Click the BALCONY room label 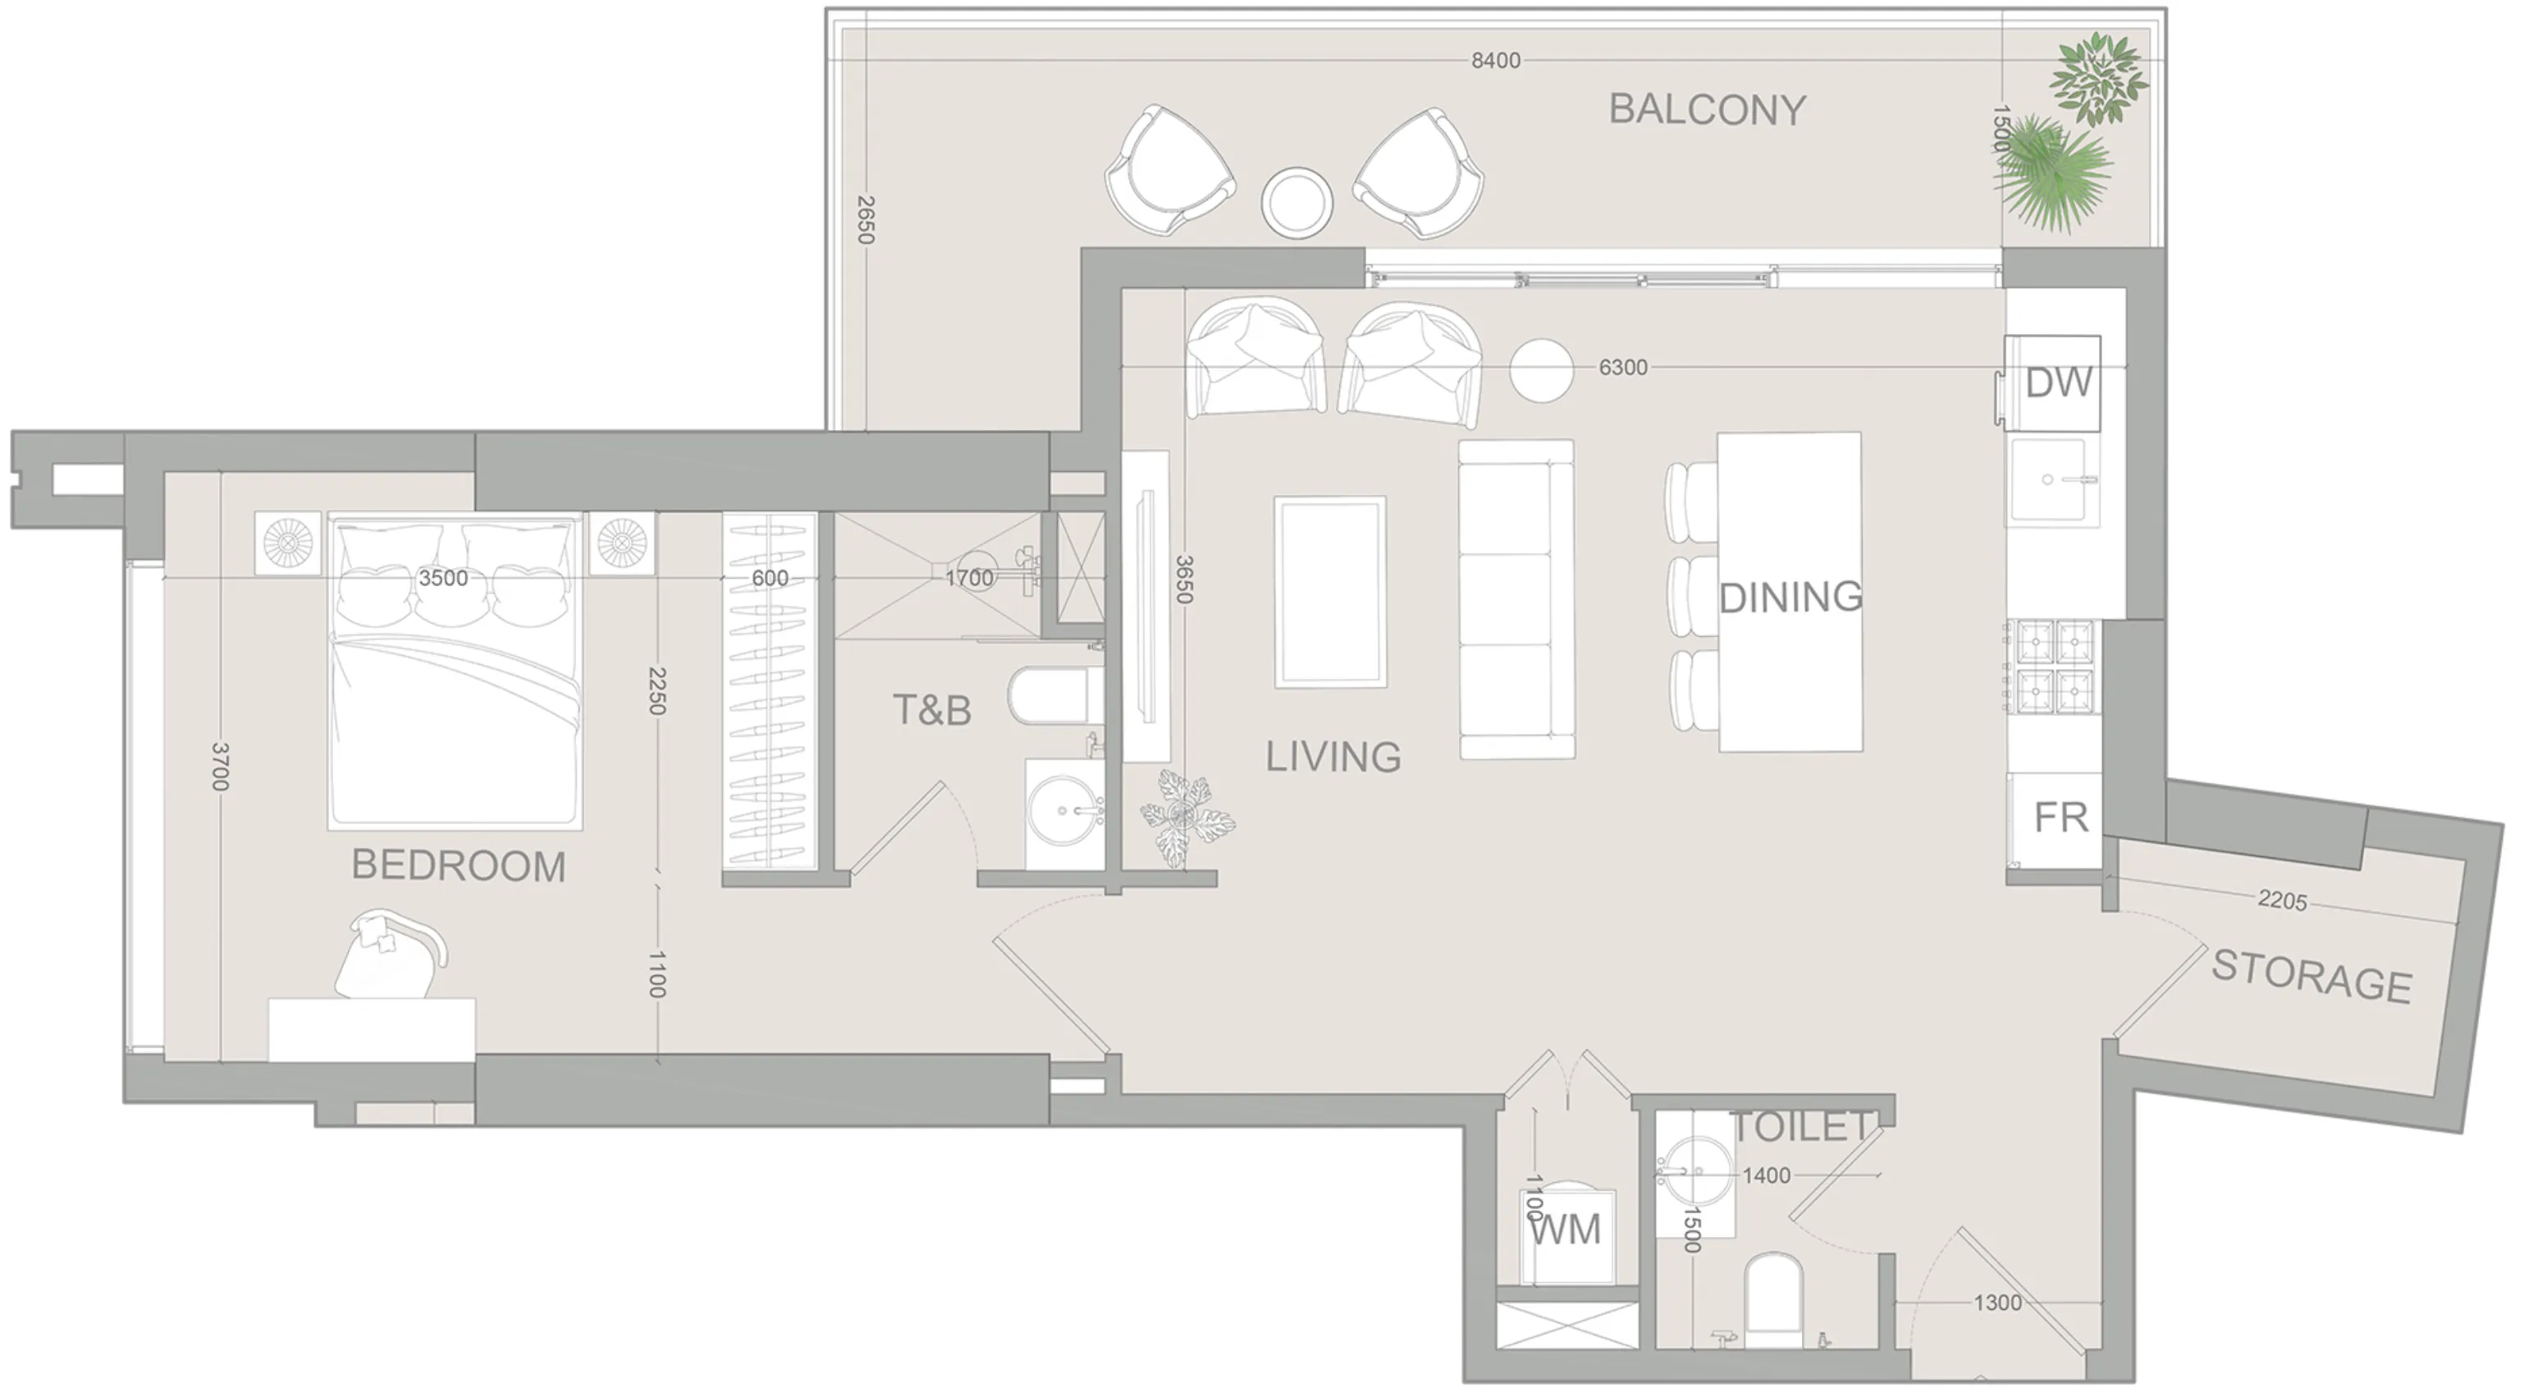[x=1706, y=110]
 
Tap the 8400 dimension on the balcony [x=1495, y=61]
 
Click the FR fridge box [x=2060, y=818]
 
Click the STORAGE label [x=2311, y=978]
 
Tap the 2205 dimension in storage [x=2281, y=900]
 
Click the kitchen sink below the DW [x=2049, y=480]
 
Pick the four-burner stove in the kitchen [x=2055, y=665]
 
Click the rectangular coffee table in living [x=1330, y=591]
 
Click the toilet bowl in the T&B [x=1049, y=696]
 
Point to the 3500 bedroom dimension [x=443, y=578]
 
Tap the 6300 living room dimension [x=1623, y=367]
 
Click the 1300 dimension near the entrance [x=1997, y=1303]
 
